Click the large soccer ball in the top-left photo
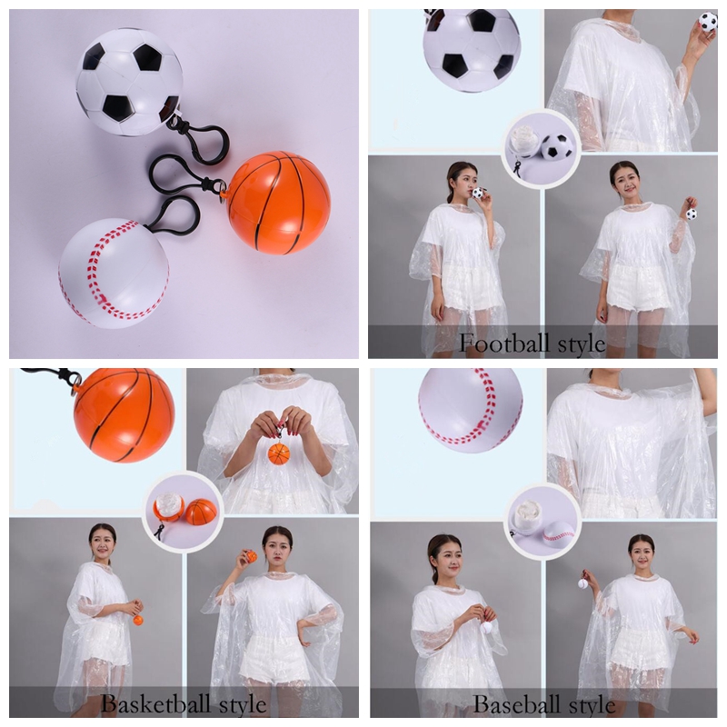[x=129, y=82]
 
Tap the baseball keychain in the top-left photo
[x=113, y=273]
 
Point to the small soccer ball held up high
[x=708, y=22]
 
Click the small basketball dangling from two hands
[x=279, y=453]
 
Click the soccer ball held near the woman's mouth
[x=478, y=194]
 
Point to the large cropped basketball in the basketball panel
[x=124, y=415]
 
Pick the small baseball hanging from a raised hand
[x=583, y=583]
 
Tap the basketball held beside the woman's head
[x=251, y=556]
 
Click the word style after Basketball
[x=243, y=705]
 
